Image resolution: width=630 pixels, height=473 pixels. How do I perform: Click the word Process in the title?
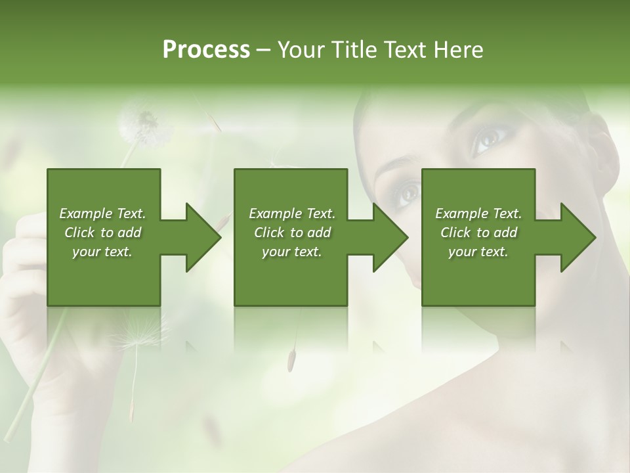point(206,50)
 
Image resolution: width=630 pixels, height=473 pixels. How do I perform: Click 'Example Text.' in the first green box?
point(102,214)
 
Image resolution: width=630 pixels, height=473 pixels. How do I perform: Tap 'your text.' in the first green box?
point(102,252)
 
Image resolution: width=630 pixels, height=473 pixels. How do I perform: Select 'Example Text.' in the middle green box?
point(292,214)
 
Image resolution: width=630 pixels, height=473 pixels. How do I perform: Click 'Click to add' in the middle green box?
point(292,233)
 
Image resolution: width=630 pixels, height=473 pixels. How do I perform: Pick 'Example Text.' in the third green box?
point(478,214)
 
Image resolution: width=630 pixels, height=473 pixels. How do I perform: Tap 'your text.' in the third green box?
point(478,252)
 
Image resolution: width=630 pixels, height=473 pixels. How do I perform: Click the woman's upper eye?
point(489,138)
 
